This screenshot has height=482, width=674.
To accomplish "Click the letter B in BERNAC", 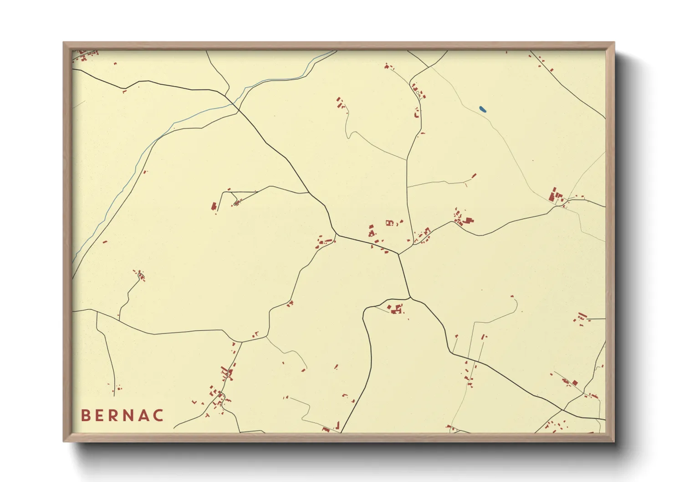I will click(x=85, y=415).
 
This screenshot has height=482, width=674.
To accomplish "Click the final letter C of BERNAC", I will click(x=159, y=415).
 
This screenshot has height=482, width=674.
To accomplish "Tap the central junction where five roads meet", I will click(x=398, y=254).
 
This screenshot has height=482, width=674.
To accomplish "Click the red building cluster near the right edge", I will click(x=555, y=196).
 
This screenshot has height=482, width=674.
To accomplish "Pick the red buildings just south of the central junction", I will click(x=395, y=308).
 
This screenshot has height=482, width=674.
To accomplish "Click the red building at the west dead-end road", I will click(x=213, y=207).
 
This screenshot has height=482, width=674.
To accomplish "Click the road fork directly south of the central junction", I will click(x=410, y=298).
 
